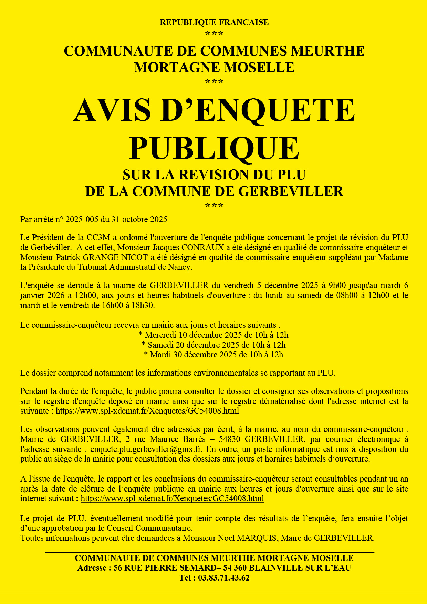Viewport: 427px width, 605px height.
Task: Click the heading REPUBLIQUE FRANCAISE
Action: [214, 22]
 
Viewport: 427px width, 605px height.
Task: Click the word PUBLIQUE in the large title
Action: [214, 148]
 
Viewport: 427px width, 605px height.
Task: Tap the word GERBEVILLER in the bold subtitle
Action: [291, 191]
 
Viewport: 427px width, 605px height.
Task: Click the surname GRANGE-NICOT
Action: [122, 257]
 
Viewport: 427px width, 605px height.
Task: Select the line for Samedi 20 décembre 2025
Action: [214, 345]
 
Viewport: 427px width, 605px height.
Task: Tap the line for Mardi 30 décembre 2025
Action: [214, 355]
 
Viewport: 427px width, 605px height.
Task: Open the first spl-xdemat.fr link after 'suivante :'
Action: [147, 411]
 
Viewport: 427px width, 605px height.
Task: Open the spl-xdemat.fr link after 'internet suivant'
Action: [172, 498]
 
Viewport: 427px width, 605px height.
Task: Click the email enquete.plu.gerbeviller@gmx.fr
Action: [146, 449]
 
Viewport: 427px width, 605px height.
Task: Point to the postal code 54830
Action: [230, 439]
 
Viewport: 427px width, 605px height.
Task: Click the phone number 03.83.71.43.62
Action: [223, 578]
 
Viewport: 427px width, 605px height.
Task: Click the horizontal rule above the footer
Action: [210, 552]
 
